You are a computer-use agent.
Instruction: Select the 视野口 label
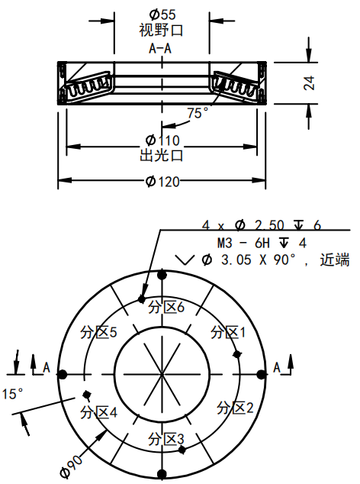click(x=162, y=31)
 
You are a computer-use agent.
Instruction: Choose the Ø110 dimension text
click(x=162, y=140)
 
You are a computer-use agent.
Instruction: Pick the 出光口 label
click(x=162, y=156)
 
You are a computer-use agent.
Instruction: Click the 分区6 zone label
click(x=166, y=307)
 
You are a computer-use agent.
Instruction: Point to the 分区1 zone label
click(x=228, y=332)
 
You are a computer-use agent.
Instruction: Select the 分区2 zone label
click(x=234, y=407)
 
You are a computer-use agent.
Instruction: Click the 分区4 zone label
click(x=98, y=412)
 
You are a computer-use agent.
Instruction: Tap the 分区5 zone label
click(x=98, y=332)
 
